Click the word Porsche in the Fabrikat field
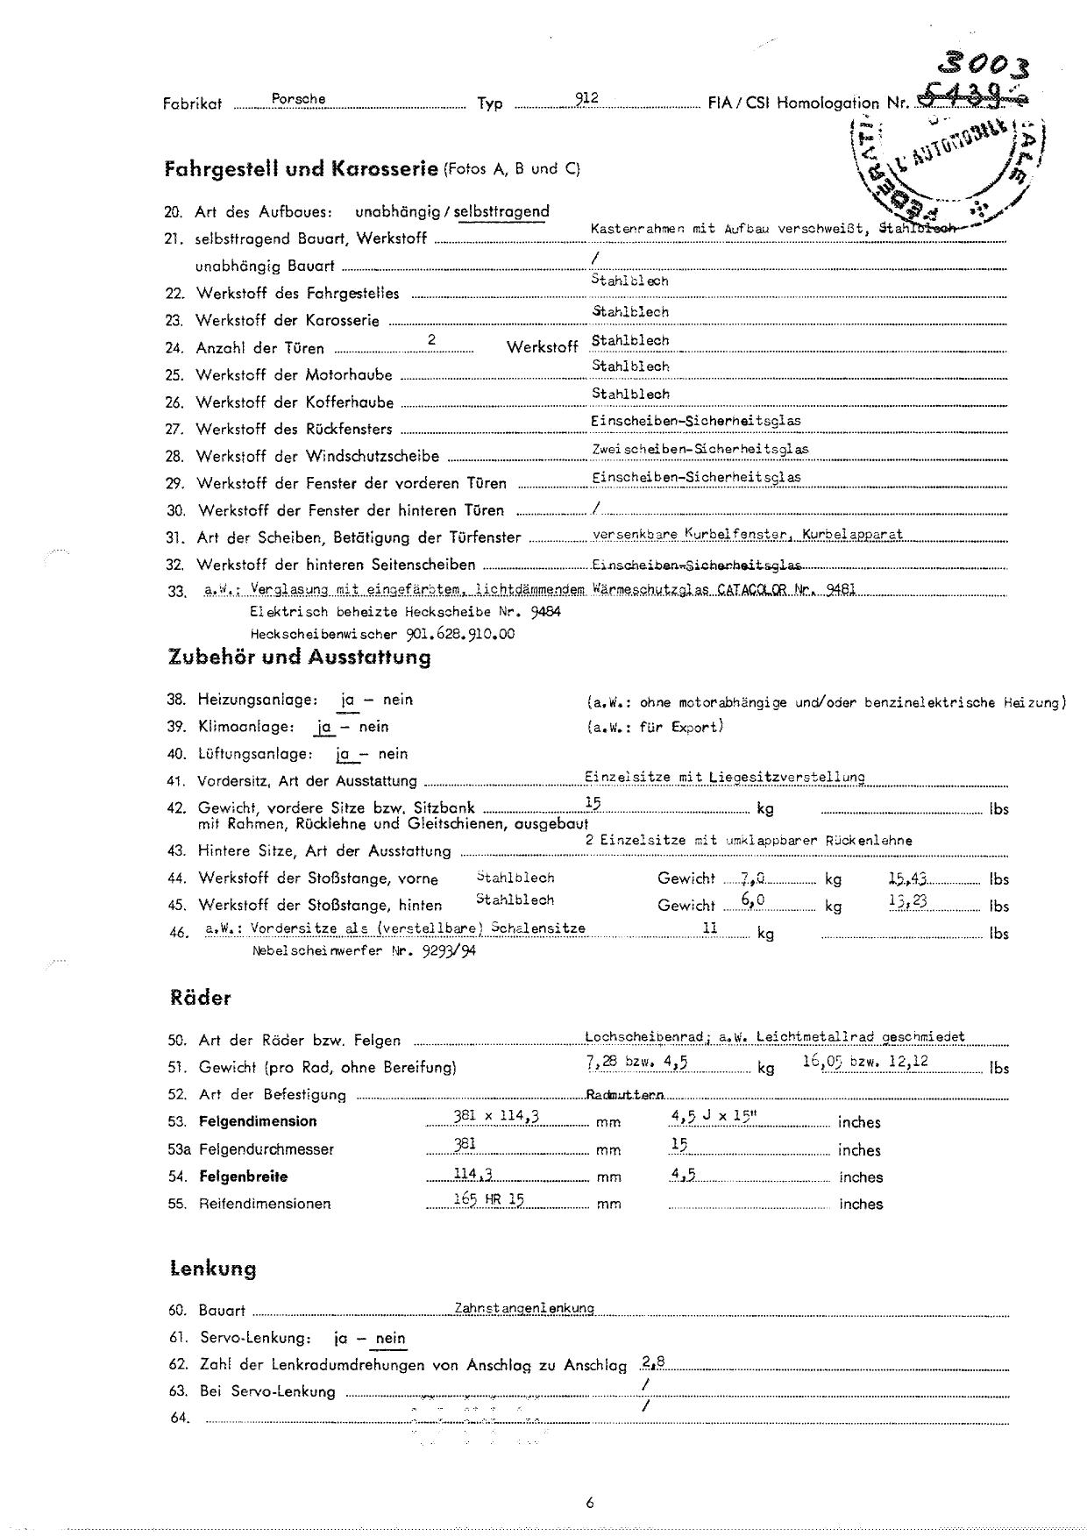coord(298,99)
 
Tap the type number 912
coord(586,98)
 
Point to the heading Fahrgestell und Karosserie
coord(301,168)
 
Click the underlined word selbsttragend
coord(501,211)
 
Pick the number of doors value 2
coord(431,339)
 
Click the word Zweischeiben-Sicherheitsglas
coord(700,449)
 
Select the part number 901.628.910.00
coord(461,634)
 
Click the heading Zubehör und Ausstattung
coord(299,657)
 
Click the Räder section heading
coord(201,998)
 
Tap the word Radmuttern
coord(624,1095)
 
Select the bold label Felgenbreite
coord(243,1177)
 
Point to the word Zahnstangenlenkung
coord(523,1308)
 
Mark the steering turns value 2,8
coord(653,1362)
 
